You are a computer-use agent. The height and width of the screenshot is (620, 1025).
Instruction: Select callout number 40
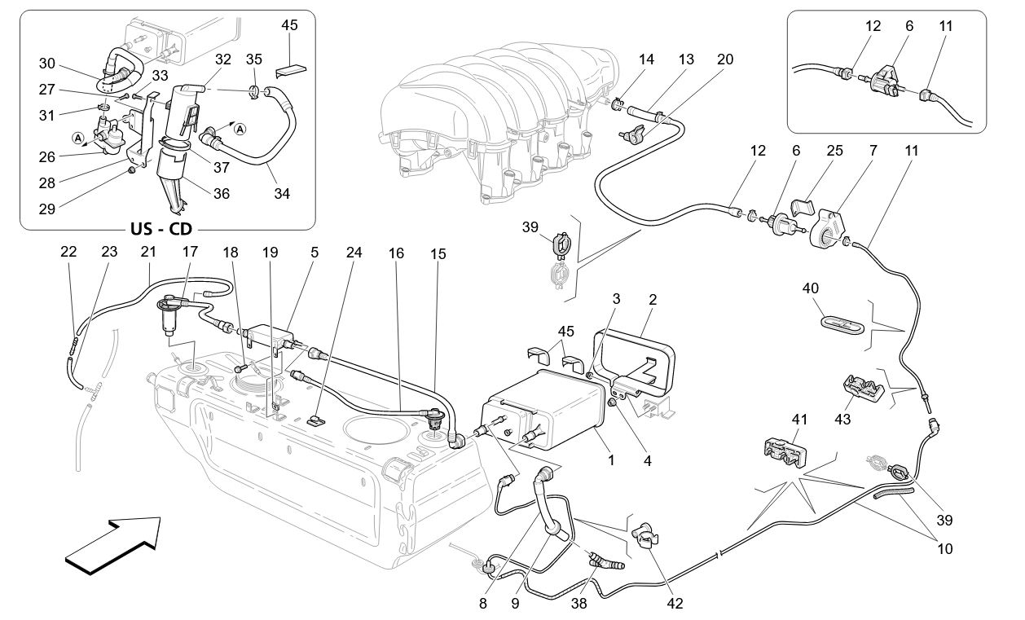pyautogui.click(x=810, y=289)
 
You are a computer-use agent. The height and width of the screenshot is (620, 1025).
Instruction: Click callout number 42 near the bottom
pyautogui.click(x=675, y=604)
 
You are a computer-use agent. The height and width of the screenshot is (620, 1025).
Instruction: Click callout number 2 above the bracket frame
pyautogui.click(x=652, y=299)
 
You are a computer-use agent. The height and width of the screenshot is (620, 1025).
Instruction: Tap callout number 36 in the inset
pyautogui.click(x=222, y=194)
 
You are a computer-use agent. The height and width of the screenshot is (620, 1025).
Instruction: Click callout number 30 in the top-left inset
pyautogui.click(x=46, y=64)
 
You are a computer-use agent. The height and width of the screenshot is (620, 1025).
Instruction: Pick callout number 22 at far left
pyautogui.click(x=68, y=253)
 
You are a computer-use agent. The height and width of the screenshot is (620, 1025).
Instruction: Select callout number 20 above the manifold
pyautogui.click(x=724, y=59)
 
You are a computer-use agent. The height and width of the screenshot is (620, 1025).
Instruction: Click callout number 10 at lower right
pyautogui.click(x=944, y=549)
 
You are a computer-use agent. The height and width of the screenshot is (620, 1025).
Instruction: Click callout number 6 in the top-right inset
pyautogui.click(x=908, y=26)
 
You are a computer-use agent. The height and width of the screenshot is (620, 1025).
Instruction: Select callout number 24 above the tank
pyautogui.click(x=353, y=253)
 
